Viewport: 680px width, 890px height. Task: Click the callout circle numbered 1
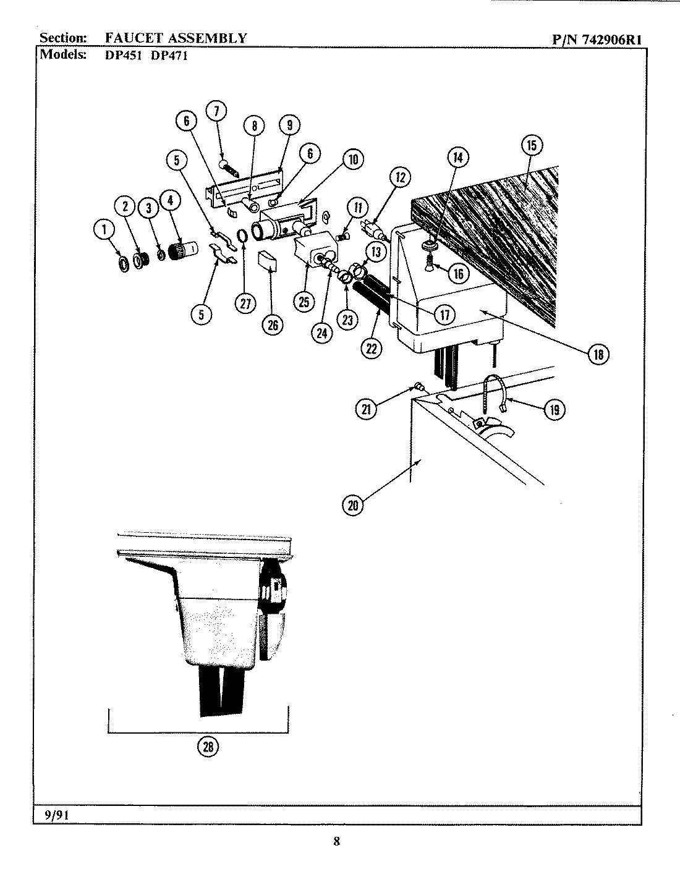104,231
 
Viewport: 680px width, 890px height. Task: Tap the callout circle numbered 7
216,111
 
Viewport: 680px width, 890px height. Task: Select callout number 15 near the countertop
531,146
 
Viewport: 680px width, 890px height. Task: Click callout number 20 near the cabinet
352,505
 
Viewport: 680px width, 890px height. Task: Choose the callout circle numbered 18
598,354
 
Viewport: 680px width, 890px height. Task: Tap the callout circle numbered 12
400,178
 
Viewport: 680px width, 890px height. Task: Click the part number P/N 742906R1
597,39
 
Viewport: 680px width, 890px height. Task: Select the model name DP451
121,54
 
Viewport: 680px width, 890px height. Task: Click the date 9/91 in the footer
56,815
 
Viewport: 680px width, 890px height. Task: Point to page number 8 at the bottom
336,841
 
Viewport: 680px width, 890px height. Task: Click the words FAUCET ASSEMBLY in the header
176,38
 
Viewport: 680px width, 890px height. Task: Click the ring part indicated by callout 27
243,236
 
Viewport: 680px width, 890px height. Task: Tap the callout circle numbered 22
371,348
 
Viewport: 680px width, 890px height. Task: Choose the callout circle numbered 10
352,159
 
